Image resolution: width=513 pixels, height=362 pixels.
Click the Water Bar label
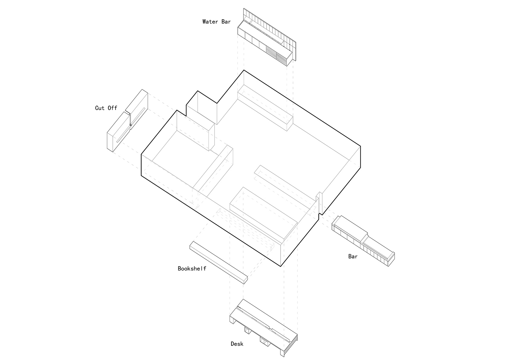pos(216,22)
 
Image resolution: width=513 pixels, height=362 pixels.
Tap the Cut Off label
pos(106,108)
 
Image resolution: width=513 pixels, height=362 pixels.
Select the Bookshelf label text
pos(192,268)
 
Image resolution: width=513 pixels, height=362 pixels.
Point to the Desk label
pos(237,344)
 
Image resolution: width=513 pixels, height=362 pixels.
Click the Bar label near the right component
pos(353,257)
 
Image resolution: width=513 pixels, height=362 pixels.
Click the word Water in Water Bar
pos(210,22)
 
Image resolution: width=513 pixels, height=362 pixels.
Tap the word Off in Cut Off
pos(112,108)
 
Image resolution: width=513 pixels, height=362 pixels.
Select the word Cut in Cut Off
pos(100,108)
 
